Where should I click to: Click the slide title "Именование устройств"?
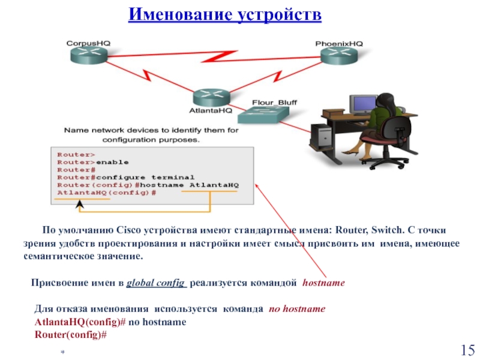click(224, 14)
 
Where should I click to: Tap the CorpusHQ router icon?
click(89, 55)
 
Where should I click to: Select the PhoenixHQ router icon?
click(339, 56)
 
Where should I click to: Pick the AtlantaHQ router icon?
click(212, 97)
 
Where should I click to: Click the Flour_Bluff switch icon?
click(263, 115)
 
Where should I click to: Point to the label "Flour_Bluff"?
click(274, 103)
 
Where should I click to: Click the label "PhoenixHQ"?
click(339, 44)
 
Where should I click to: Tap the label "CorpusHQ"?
click(88, 43)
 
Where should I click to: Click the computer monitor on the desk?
click(363, 104)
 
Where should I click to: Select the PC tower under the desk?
click(321, 137)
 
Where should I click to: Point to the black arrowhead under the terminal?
click(80, 204)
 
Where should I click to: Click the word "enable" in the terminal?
click(112, 162)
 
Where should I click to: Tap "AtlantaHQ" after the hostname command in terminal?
click(214, 185)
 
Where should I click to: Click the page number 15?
click(468, 350)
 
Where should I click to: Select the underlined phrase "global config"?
click(156, 283)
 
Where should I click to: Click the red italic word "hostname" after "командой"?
click(323, 283)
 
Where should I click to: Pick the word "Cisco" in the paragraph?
click(128, 230)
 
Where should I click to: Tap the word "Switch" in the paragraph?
click(386, 230)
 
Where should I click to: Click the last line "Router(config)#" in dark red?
click(71, 335)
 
